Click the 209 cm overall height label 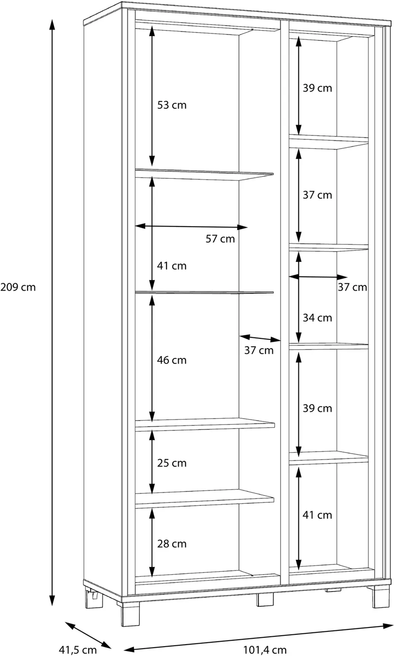[18, 287]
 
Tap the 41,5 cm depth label [78, 650]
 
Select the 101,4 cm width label [265, 650]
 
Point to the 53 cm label [172, 105]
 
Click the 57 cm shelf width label [220, 239]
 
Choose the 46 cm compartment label [172, 360]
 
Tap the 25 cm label [172, 463]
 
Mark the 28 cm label [172, 544]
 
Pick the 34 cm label [317, 318]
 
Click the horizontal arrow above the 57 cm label [191, 227]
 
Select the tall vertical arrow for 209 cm [52, 312]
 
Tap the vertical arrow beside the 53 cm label [152, 96]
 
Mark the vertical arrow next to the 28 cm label [152, 542]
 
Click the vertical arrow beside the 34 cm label [298, 297]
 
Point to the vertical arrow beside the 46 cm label [152, 358]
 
